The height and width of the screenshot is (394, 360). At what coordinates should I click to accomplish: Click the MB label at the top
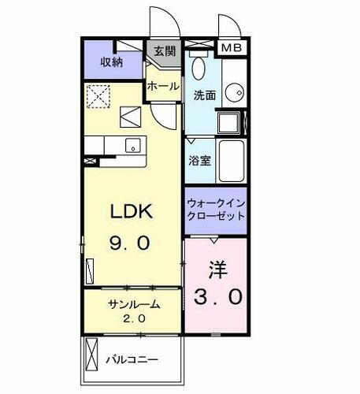(x=232, y=48)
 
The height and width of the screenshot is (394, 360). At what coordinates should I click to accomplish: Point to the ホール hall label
(x=163, y=87)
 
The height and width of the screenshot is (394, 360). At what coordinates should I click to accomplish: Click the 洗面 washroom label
(x=205, y=95)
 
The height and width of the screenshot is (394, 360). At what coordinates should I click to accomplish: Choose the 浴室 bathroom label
(x=199, y=160)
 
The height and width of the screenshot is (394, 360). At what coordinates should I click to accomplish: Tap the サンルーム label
(x=134, y=303)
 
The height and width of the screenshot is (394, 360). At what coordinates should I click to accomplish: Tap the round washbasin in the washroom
(x=233, y=92)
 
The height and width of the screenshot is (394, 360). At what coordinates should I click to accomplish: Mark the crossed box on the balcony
(x=91, y=355)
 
